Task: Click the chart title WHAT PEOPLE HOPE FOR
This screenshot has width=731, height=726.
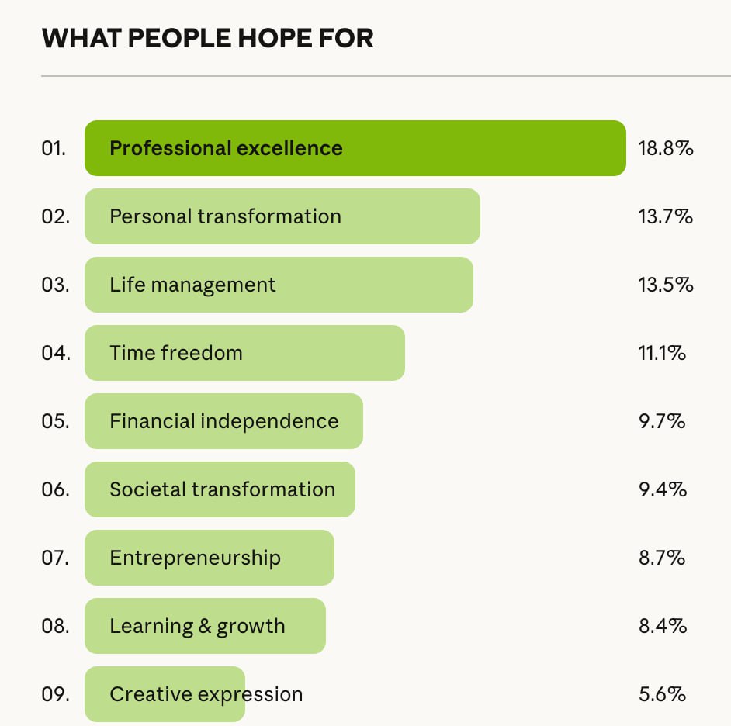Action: (x=207, y=38)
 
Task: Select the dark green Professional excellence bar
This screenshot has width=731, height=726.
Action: (x=355, y=148)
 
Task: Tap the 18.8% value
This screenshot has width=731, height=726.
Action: (x=665, y=148)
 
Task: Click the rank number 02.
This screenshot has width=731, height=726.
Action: (x=55, y=216)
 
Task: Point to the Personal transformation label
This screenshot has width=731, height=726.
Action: (x=225, y=216)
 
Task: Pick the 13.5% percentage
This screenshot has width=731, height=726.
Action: (x=665, y=285)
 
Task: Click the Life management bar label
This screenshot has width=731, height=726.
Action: (x=192, y=285)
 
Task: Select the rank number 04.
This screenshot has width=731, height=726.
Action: (x=55, y=353)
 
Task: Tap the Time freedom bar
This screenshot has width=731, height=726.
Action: (x=244, y=353)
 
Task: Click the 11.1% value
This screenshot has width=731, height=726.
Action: (x=662, y=353)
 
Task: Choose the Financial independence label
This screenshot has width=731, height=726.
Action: (x=224, y=421)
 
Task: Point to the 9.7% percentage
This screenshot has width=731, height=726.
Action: (x=662, y=421)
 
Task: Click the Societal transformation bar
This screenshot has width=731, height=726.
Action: (x=220, y=489)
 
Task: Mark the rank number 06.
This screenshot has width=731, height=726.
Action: (x=55, y=489)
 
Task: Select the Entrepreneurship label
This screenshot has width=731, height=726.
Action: (x=195, y=558)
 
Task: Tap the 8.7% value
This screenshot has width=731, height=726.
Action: (x=662, y=558)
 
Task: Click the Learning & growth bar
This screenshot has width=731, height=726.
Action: (x=205, y=626)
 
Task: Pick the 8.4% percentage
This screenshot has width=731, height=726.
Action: (x=662, y=626)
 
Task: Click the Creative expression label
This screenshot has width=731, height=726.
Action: (x=206, y=694)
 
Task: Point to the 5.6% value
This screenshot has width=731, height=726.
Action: (x=662, y=694)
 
